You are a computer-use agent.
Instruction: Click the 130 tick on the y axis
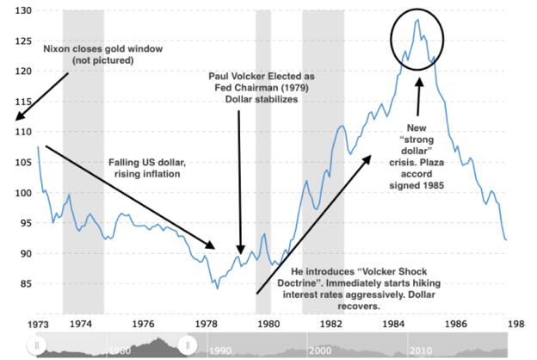23,10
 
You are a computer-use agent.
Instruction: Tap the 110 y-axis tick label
23,132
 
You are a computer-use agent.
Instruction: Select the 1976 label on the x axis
143,324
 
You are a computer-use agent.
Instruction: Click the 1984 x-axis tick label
393,324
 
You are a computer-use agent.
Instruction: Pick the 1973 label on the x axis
38,325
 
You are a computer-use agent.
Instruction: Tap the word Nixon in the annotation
55,49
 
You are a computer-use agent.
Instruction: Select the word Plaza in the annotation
433,163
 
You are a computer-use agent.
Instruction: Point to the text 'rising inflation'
147,174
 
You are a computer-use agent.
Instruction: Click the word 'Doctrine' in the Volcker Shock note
296,283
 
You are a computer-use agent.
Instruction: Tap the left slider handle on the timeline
37,344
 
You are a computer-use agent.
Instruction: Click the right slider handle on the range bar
188,344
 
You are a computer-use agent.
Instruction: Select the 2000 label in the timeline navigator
320,351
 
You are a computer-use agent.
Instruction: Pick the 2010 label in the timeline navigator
421,351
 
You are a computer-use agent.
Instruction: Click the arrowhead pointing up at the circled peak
420,83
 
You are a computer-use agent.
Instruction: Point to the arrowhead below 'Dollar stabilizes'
241,250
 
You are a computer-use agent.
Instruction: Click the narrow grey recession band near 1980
263,162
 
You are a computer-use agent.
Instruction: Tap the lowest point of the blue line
218,289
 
